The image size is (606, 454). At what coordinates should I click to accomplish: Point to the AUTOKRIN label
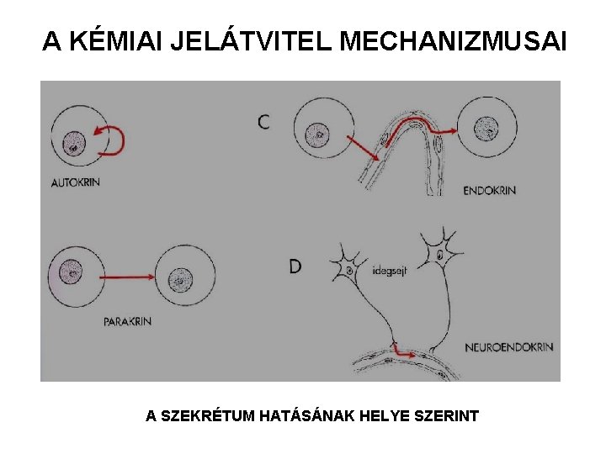click(x=75, y=182)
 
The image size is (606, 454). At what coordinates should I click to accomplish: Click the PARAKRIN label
click(x=127, y=321)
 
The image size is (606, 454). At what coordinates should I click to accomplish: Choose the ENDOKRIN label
click(x=489, y=191)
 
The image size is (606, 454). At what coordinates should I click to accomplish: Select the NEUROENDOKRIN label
click(x=508, y=346)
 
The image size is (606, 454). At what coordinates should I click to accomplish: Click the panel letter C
click(x=264, y=122)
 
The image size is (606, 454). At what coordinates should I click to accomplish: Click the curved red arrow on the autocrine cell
click(x=113, y=140)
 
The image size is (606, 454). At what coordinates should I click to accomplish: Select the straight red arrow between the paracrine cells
click(x=130, y=274)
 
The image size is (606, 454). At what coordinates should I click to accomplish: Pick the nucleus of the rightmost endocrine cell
click(x=486, y=129)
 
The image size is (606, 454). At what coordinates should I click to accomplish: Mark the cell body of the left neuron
click(x=348, y=271)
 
